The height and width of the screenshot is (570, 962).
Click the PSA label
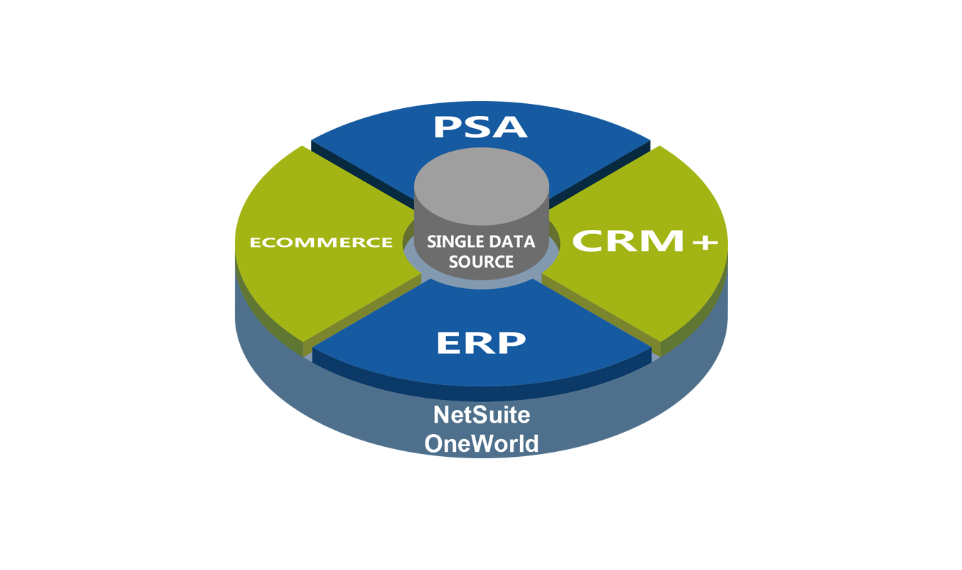point(480,127)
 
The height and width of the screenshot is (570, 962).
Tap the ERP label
point(481,343)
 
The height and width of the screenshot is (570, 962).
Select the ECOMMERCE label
point(321,243)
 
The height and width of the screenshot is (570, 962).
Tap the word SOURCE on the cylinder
point(481,262)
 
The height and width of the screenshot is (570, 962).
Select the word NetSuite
point(482,414)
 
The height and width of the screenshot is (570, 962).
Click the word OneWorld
point(482,443)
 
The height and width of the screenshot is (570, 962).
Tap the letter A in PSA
point(512,127)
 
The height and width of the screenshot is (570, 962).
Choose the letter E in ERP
point(448,343)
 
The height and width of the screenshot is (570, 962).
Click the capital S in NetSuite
point(473,414)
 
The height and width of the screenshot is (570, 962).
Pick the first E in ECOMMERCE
point(255,243)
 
